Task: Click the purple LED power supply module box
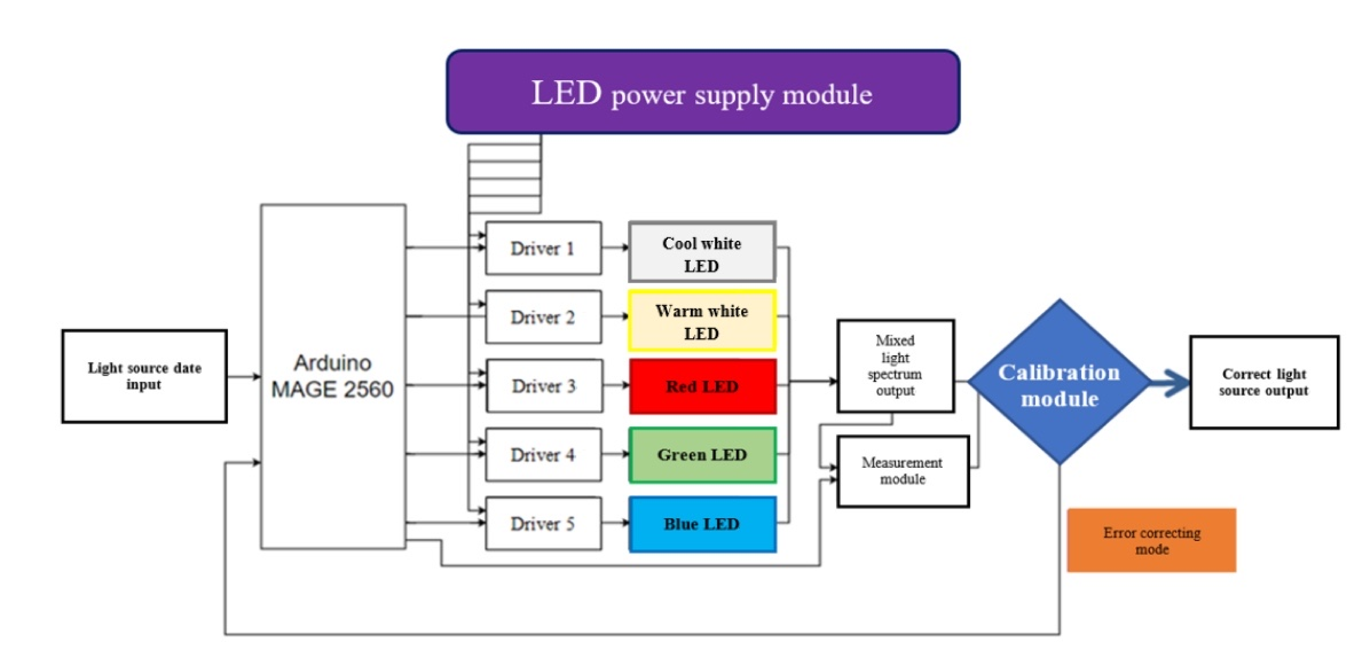tap(703, 92)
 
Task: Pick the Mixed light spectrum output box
tap(895, 365)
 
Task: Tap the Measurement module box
tap(903, 471)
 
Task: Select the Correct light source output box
tap(1264, 382)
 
